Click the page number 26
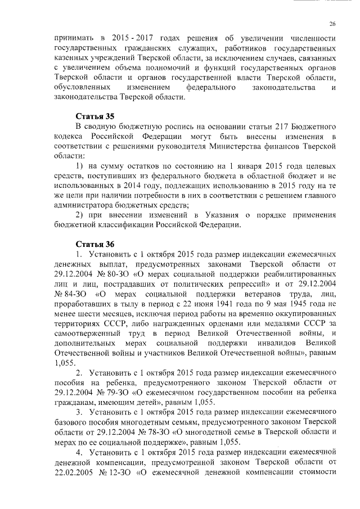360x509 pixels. [x=332, y=24]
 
